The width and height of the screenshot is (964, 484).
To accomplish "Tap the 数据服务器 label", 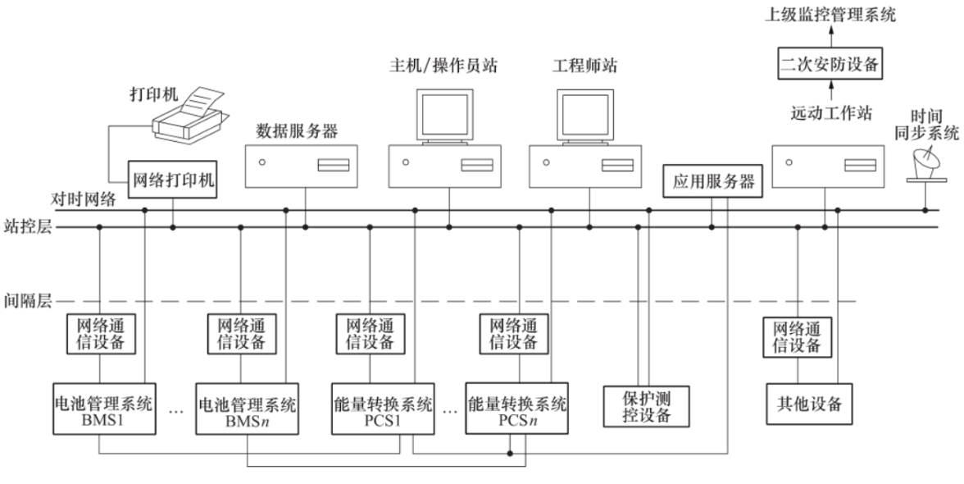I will point(297,130).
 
